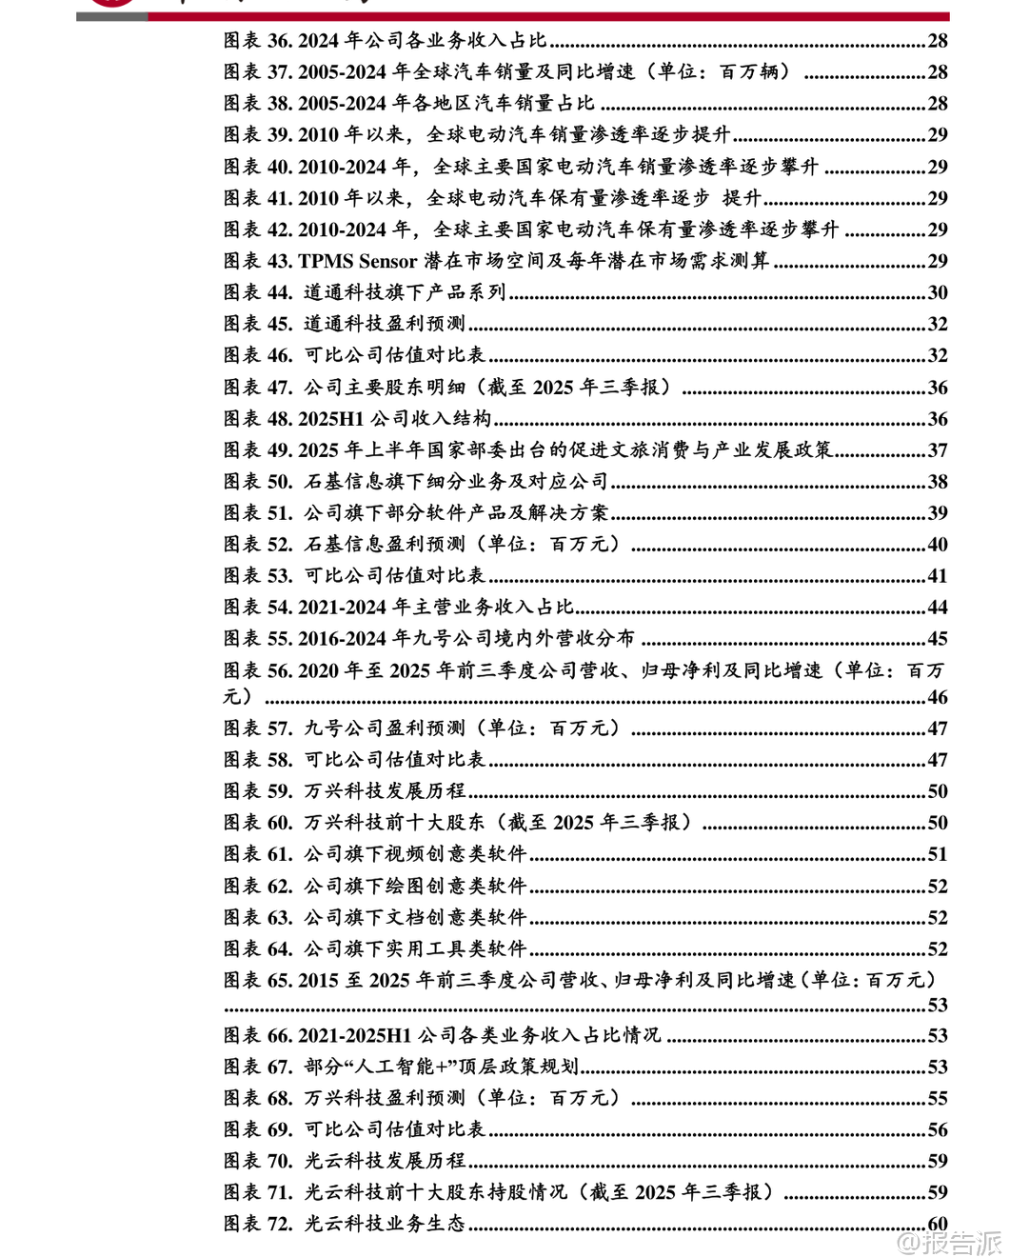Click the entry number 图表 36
(257, 40)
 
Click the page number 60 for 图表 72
(938, 1224)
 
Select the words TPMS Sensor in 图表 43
(358, 261)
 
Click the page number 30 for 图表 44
(938, 292)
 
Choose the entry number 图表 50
(257, 482)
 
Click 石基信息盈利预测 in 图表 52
(385, 545)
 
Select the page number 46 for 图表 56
(938, 697)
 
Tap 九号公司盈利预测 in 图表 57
(385, 728)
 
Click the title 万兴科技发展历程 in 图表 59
(385, 791)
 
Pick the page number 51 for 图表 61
(938, 854)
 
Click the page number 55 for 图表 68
(938, 1098)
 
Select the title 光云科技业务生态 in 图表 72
(385, 1224)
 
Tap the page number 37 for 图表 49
(938, 450)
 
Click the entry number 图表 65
(257, 980)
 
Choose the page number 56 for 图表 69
(938, 1129)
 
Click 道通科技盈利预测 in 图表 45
(385, 324)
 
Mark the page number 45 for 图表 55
(938, 639)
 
